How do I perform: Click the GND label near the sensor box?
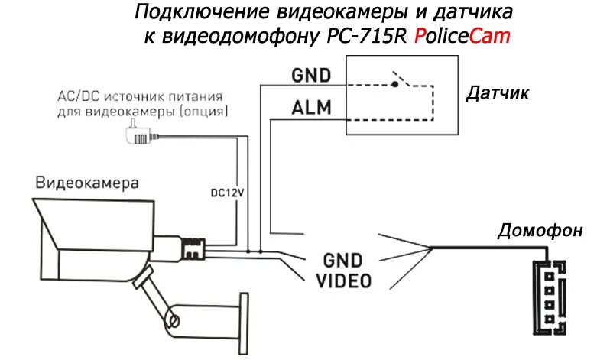tap(311, 75)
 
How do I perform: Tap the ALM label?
tap(311, 108)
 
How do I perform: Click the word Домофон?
tap(540, 230)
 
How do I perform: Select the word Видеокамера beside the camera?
tap(88, 183)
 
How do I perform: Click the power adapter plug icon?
tap(135, 136)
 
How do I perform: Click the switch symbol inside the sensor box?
tap(397, 79)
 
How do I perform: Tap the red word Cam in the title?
tap(492, 36)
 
